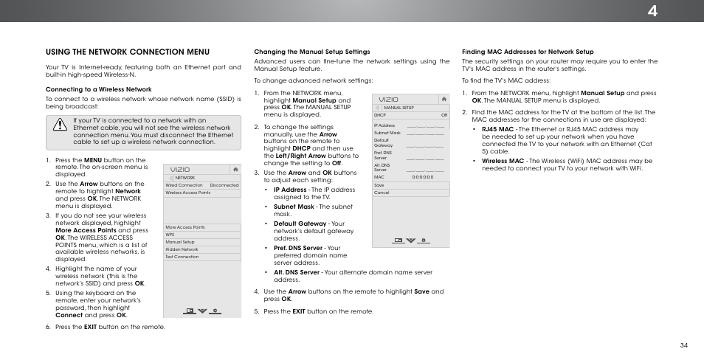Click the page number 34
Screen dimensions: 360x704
684,345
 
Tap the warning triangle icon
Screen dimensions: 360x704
59,126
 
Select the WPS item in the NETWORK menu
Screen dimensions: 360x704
170,235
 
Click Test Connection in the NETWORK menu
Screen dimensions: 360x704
182,257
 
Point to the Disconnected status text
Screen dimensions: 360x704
224,185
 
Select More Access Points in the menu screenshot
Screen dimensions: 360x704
184,227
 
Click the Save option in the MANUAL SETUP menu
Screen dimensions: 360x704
379,185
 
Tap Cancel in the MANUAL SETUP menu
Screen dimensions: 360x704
382,193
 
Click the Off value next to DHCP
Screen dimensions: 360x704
444,115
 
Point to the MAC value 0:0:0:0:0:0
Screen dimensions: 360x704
424,177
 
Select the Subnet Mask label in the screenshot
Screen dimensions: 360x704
387,133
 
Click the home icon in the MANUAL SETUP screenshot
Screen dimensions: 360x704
444,98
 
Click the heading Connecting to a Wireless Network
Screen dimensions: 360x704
98,89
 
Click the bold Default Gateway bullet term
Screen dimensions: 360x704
300,223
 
